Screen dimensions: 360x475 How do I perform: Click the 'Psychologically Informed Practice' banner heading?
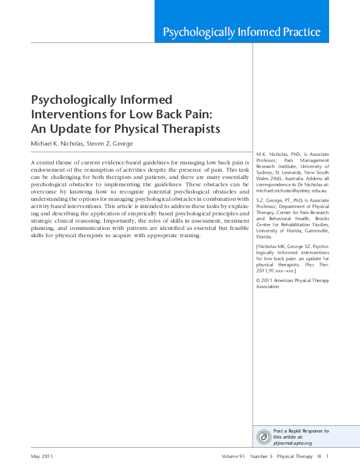pos(242,32)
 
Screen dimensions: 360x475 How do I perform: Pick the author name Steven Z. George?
pos(111,143)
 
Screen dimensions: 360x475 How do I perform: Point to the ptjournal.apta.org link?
pos(293,443)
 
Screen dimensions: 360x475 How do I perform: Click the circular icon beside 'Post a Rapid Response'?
pos(264,437)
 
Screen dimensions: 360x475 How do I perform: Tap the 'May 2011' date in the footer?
pos(42,456)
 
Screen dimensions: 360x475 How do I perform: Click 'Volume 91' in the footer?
pos(234,456)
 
